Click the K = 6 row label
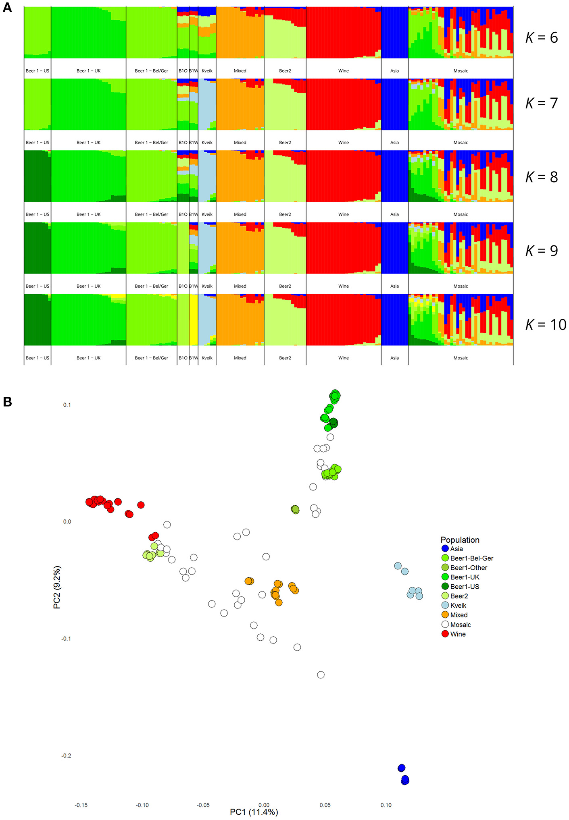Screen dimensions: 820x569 [541, 37]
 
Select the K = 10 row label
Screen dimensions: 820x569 [545, 324]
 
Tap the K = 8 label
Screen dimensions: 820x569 [541, 177]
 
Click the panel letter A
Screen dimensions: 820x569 [7, 8]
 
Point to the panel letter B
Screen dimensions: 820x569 [7, 402]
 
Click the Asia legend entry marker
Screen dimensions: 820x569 [445, 548]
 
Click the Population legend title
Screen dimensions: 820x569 [460, 540]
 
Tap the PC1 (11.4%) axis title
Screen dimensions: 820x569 [254, 812]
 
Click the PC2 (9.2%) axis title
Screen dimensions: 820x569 [57, 587]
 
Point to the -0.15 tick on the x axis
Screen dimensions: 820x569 [81, 805]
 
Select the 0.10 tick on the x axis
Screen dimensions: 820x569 [386, 805]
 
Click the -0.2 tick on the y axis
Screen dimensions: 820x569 [66, 756]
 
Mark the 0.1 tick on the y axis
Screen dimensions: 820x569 [67, 405]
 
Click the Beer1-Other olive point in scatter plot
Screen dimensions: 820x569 [295, 509]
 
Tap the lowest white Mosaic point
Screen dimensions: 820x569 [321, 675]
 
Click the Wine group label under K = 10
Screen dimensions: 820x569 [344, 358]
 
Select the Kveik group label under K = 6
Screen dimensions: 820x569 [207, 71]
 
